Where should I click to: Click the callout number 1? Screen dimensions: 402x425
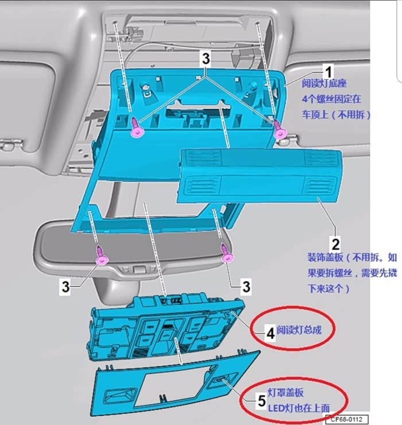pos(328,72)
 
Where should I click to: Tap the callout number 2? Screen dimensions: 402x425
pos(335,244)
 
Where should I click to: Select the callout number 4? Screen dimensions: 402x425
pos(270,333)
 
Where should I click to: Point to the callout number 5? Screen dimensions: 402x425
pos(261,401)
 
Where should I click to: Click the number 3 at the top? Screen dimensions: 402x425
pos(206,59)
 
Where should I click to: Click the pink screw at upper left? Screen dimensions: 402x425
pos(137,127)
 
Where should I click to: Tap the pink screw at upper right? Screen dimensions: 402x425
pos(280,130)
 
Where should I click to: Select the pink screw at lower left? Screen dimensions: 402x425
pos(102,256)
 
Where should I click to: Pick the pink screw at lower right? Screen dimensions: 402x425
pos(227,254)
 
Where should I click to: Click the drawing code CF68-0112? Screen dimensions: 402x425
pos(346,419)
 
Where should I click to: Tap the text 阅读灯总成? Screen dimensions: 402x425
pos(299,330)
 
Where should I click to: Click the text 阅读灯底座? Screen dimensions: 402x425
pos(324,83)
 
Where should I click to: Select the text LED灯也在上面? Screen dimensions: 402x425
pos(299,408)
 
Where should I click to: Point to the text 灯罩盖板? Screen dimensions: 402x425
pos(286,393)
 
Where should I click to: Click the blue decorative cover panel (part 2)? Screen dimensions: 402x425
pos(260,176)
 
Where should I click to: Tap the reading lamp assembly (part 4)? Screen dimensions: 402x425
pos(165,327)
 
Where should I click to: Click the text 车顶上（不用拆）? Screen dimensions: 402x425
pos(336,115)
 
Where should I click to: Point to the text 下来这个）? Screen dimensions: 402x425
pos(328,288)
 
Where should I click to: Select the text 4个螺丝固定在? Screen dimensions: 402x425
pos(331,99)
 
